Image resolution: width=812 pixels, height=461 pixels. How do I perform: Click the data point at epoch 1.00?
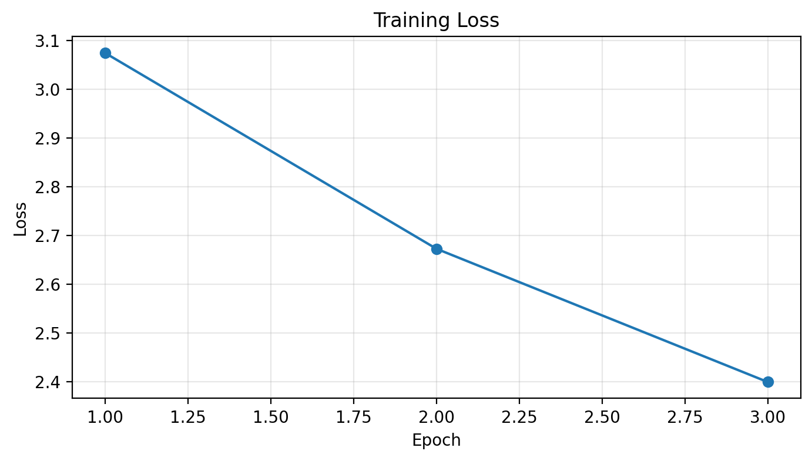pos(105,53)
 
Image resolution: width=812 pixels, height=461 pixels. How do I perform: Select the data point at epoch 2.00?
pos(437,249)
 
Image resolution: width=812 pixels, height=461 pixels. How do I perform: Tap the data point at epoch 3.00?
pos(768,382)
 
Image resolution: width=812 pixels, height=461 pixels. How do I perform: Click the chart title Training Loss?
pos(436,21)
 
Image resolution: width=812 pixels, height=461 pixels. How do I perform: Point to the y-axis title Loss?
pos(21,219)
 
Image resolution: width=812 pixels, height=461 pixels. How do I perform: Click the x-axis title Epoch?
pos(436,440)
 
